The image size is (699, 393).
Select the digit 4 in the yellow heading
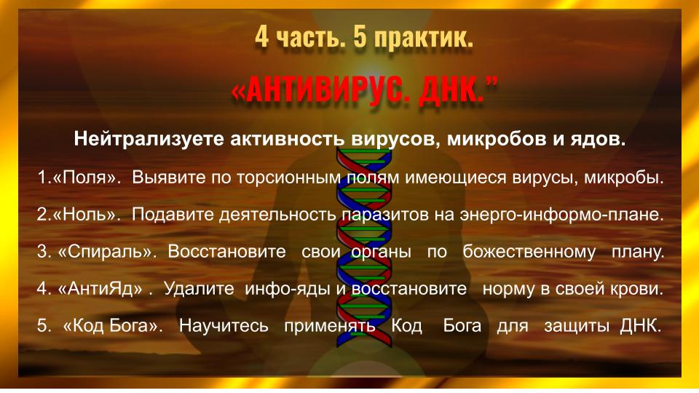pos(261,36)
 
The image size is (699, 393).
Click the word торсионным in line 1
pos(289,178)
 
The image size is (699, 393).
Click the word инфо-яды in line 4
pos(288,289)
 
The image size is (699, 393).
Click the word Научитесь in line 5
pos(224,326)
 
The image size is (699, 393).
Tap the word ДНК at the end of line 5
pos(641,326)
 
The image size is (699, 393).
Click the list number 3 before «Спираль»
pos(43,252)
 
